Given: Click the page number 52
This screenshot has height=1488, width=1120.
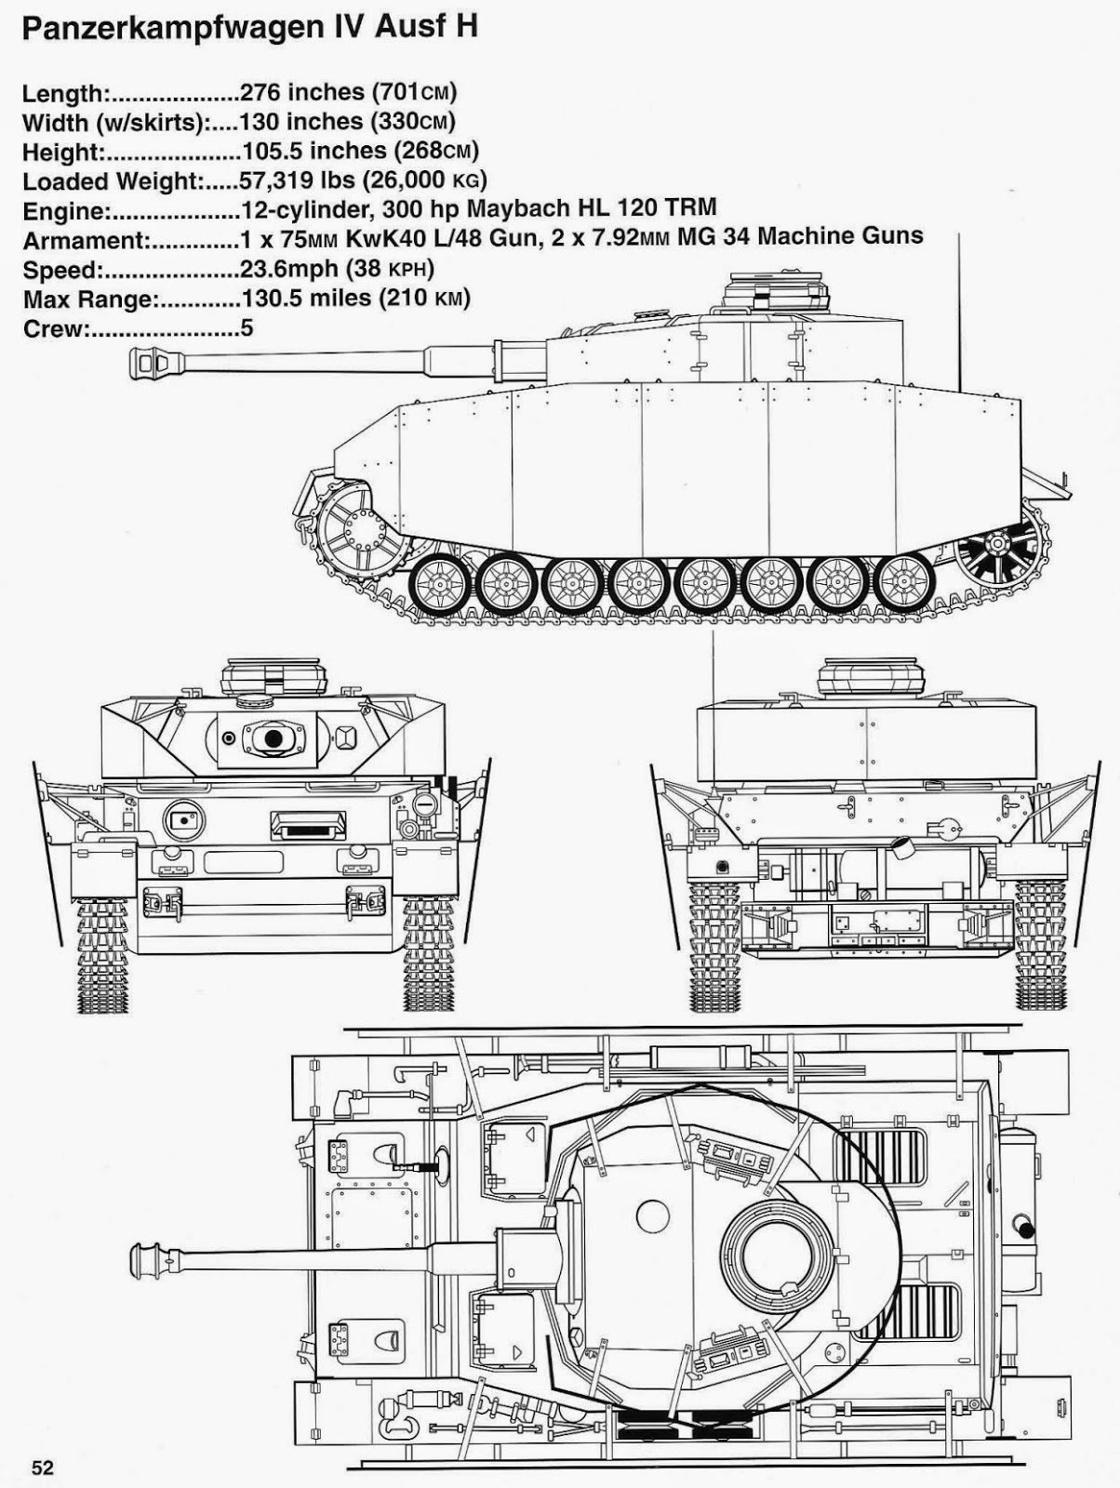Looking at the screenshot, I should [x=43, y=1468].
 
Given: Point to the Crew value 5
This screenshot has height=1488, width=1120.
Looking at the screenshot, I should [x=247, y=328].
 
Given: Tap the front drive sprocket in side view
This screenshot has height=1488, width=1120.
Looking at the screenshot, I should [x=358, y=531].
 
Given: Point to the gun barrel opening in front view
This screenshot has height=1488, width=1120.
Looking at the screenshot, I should [x=273, y=737].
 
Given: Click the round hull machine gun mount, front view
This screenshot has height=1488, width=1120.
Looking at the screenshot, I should [x=183, y=819].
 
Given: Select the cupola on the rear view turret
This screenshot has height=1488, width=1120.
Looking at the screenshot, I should [x=871, y=676].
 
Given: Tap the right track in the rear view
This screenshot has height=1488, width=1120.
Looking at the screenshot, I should [x=1040, y=944].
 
